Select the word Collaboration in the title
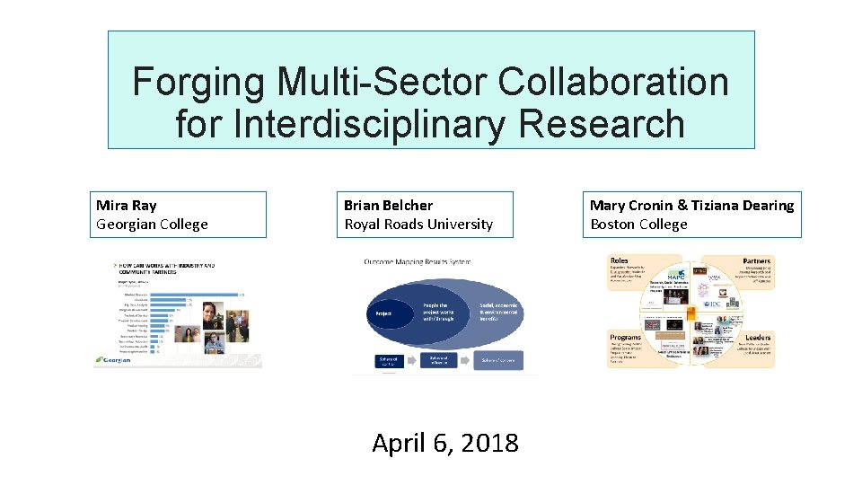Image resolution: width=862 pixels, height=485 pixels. [x=613, y=83]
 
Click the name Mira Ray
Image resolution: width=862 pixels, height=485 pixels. [x=126, y=206]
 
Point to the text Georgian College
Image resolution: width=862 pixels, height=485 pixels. [x=152, y=225]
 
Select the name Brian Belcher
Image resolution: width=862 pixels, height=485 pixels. [x=388, y=206]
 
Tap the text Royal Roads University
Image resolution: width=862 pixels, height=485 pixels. [x=418, y=225]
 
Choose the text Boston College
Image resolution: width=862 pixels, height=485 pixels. [x=638, y=225]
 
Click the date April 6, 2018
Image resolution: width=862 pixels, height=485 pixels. [x=445, y=443]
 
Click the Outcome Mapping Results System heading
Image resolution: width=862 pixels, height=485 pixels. [x=417, y=262]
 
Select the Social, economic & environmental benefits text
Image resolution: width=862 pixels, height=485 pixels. [x=500, y=313]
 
